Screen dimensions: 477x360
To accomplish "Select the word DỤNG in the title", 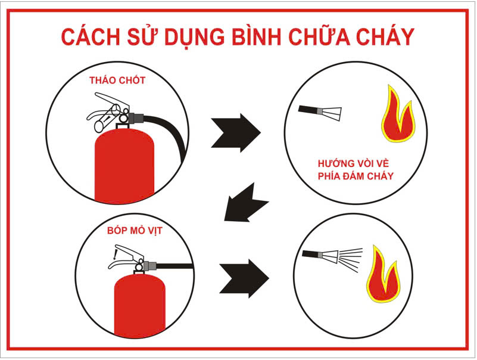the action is click(x=194, y=38).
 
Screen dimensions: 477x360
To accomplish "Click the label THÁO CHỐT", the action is click(x=117, y=80).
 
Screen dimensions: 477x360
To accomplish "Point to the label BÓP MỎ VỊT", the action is click(x=135, y=231).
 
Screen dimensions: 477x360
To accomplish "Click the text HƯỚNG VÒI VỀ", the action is click(x=353, y=163).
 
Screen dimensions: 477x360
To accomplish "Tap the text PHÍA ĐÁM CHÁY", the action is click(x=356, y=176).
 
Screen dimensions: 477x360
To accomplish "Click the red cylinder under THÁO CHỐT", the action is click(x=124, y=165).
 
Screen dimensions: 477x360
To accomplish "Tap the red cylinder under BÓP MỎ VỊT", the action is click(x=139, y=305).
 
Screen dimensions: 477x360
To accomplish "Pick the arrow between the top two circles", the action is click(x=236, y=133).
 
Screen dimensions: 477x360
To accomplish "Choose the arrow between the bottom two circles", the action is click(x=244, y=278).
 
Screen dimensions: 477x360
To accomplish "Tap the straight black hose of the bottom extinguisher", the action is click(x=174, y=266).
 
